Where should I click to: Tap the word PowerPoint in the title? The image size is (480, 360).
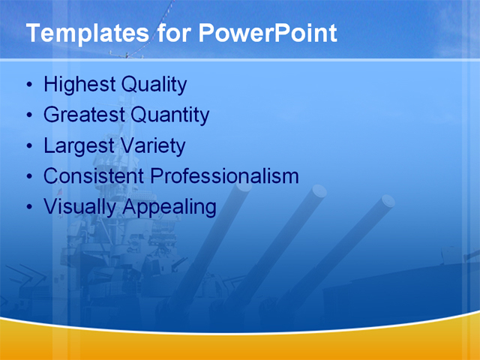267,34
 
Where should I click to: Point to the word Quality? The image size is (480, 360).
155,85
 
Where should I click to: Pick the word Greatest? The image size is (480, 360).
84,115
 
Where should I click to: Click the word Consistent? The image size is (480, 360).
94,176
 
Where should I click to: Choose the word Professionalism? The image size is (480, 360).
224,176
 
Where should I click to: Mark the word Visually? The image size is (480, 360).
77,206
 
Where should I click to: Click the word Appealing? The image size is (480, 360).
170,206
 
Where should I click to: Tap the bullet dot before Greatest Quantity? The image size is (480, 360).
29,115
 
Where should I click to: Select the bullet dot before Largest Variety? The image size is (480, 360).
29,146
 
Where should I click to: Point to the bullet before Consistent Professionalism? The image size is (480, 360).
29,177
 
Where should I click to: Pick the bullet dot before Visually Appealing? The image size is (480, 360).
29,207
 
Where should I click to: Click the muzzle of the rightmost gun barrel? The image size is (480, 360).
387,200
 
